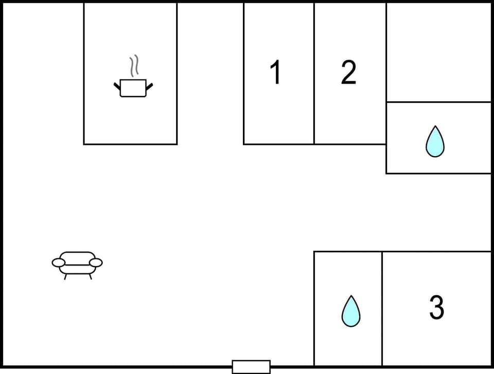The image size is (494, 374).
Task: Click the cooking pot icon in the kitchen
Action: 133,88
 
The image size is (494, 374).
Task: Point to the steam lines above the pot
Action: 134,66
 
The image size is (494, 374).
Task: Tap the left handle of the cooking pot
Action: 117,86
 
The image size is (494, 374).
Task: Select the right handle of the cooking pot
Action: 150,86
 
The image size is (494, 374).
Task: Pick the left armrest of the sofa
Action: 59,263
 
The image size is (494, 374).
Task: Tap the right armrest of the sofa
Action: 96,263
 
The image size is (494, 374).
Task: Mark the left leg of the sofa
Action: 65,276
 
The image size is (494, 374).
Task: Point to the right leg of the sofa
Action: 90,276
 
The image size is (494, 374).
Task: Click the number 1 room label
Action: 276,72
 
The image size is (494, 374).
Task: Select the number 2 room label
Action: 348,72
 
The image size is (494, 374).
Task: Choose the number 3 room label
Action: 436,307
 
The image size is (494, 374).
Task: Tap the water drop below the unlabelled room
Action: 435,142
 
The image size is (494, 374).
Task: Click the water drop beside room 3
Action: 351,311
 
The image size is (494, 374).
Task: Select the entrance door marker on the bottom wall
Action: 251,367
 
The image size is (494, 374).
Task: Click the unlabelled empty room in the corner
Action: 438,51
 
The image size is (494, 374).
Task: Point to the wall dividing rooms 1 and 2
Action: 314,72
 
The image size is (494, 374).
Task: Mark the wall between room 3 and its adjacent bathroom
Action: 382,308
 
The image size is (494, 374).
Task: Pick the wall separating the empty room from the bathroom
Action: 438,102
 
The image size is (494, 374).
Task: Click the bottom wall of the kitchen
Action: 131,144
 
